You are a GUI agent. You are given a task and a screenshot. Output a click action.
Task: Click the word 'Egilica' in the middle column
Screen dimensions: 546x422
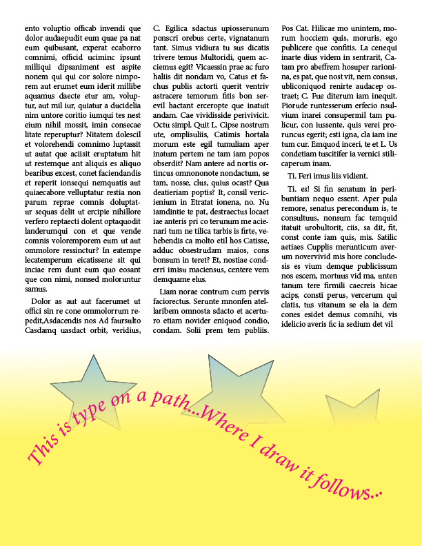[180, 28]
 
